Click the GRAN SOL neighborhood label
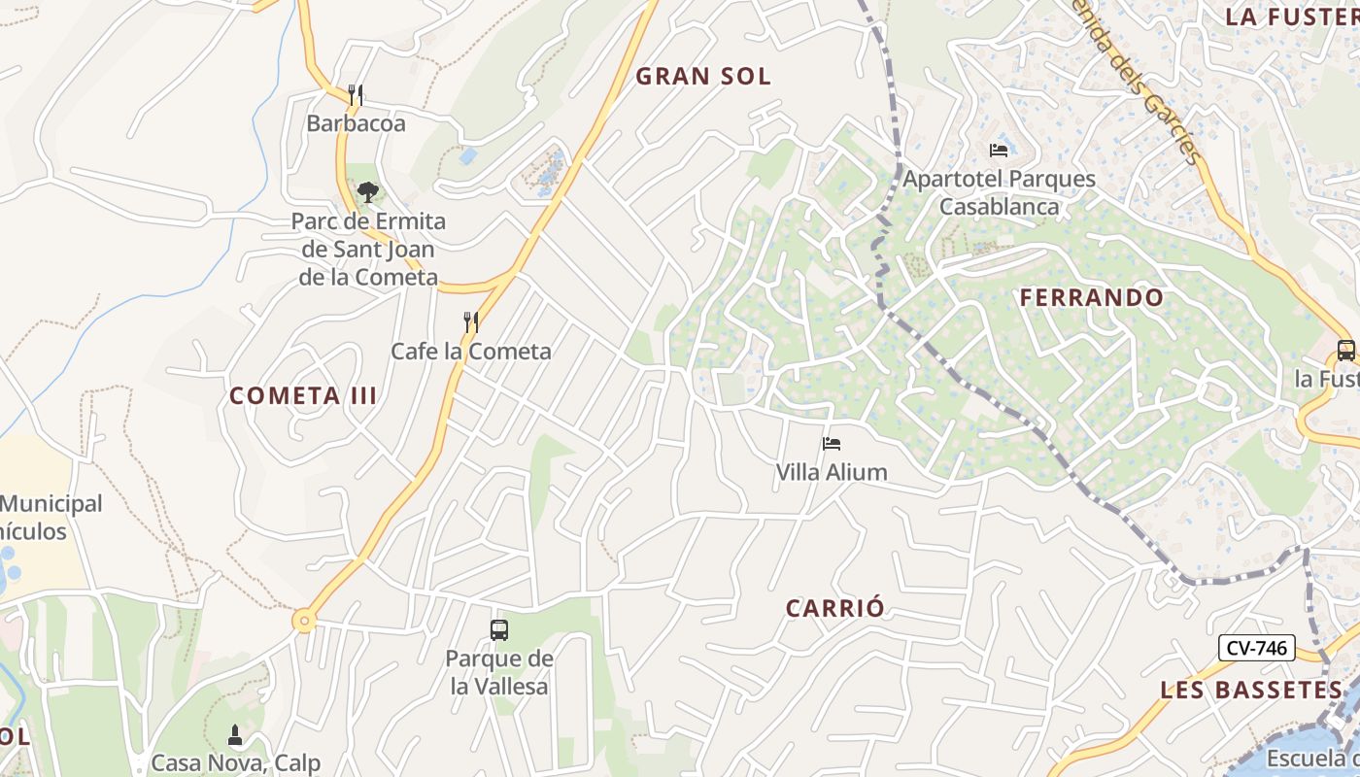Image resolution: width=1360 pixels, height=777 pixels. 703,77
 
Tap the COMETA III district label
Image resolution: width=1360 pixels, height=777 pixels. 303,395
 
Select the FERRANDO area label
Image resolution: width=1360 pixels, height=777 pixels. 1092,297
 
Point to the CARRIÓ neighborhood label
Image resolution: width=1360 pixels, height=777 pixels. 835,608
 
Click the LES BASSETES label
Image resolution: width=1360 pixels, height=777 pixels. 1251,690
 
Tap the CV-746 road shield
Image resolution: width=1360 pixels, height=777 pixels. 1257,648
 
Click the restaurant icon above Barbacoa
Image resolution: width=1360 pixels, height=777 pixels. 356,95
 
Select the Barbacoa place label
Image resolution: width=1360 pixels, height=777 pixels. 356,124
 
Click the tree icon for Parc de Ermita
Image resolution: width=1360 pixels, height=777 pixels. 367,192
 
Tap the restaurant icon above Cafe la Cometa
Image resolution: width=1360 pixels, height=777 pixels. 471,322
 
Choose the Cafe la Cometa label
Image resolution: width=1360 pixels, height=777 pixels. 471,352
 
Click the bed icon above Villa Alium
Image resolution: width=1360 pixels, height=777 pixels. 831,444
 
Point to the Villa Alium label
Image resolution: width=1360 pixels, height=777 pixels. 832,473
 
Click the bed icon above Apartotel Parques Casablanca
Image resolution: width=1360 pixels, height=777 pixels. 999,150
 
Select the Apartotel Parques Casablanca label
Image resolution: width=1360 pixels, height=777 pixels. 999,192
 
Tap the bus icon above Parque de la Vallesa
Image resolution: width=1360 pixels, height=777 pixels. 499,630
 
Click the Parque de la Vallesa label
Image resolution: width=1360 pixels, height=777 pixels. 499,672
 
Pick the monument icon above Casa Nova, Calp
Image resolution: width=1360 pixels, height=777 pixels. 234,734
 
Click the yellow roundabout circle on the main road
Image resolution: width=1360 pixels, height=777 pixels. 305,621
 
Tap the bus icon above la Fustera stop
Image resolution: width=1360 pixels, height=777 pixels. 1345,351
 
